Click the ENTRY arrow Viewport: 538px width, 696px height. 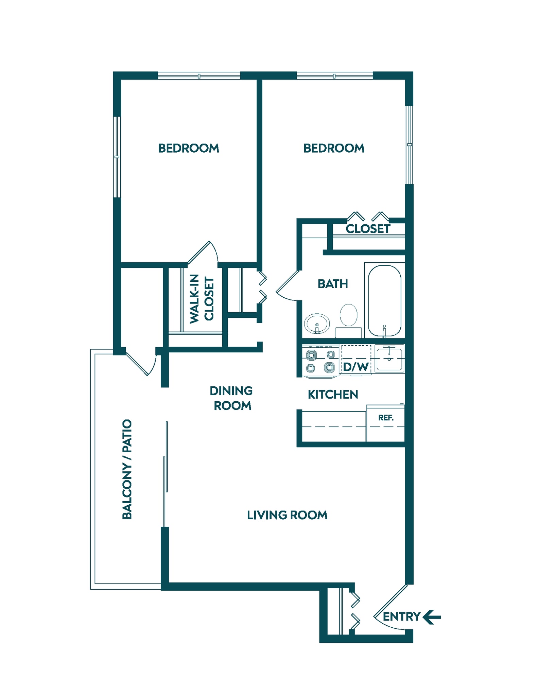(x=432, y=617)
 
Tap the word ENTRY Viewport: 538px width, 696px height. (x=401, y=617)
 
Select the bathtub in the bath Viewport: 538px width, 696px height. (x=384, y=301)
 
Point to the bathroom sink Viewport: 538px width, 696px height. (x=317, y=323)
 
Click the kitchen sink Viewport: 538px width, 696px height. (x=389, y=359)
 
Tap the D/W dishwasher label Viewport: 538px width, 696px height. (x=355, y=367)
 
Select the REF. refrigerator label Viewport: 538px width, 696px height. (x=386, y=418)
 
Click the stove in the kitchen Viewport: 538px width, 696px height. (x=320, y=361)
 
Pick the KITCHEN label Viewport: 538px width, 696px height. (x=333, y=395)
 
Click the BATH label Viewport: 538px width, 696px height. (x=333, y=284)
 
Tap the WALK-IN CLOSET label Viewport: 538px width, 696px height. (x=202, y=299)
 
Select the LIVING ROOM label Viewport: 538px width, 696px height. (x=287, y=515)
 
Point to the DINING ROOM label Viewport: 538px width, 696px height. (x=231, y=398)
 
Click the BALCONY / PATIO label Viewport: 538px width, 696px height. (x=127, y=469)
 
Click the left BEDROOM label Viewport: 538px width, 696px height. (x=189, y=148)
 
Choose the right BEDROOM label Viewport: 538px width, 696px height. (x=334, y=148)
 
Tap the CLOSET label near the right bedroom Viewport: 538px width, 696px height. (x=368, y=229)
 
